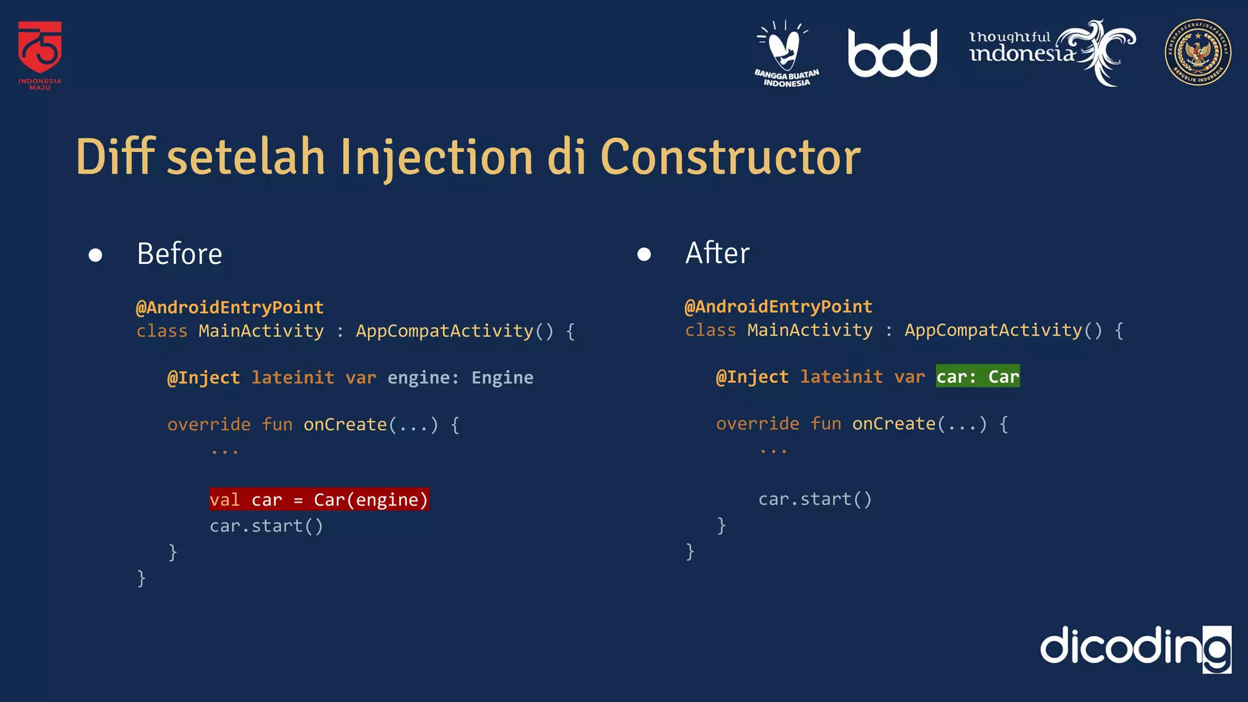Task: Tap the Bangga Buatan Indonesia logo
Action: [786, 54]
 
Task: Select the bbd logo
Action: [892, 54]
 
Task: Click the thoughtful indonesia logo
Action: [1051, 51]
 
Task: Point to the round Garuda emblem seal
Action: [1197, 52]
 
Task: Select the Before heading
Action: [179, 253]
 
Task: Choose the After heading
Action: [717, 253]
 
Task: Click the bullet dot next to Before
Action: [95, 255]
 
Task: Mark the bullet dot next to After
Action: [643, 254]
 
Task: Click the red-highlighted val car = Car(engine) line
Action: [319, 500]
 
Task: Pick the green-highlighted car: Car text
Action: [977, 377]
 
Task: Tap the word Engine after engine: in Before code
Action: [502, 378]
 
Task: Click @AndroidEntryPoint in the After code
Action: [778, 307]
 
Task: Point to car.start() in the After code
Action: [815, 499]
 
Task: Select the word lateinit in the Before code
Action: [292, 378]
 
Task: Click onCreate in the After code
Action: [893, 424]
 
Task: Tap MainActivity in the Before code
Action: [261, 331]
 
